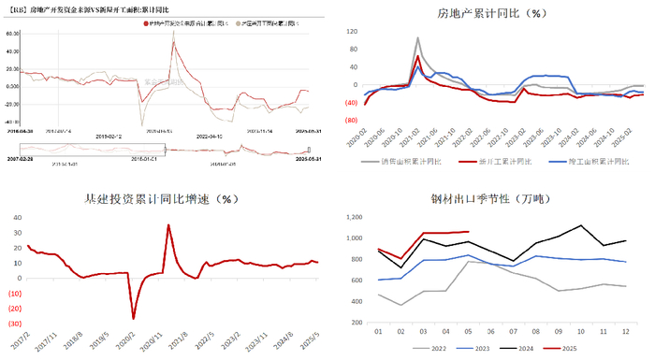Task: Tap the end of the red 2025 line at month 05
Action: (x=468, y=232)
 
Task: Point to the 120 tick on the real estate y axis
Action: (x=352, y=31)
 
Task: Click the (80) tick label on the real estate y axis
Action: (x=352, y=122)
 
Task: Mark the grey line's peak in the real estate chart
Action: (x=417, y=38)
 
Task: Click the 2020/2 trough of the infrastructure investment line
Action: (x=134, y=319)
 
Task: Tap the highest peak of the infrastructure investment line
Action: (x=168, y=224)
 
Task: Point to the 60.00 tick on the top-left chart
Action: (x=11, y=33)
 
